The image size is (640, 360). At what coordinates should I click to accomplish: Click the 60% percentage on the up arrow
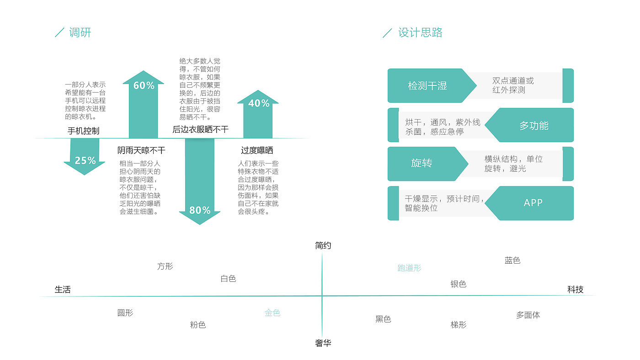(144, 85)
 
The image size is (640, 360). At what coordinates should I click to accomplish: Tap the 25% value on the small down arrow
(85, 160)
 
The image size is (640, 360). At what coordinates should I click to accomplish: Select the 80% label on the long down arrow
(200, 211)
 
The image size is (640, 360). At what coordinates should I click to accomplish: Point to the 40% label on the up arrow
(259, 103)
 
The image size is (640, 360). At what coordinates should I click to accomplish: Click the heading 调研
(80, 32)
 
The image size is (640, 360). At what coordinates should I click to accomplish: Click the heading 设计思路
(420, 32)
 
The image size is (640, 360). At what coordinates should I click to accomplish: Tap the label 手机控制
(83, 131)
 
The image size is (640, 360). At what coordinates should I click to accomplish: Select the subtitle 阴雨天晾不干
(141, 150)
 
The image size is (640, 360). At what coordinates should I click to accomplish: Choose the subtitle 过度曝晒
(257, 150)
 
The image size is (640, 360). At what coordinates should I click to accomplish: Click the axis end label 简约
(323, 245)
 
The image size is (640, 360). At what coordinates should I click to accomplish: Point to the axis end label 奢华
(323, 343)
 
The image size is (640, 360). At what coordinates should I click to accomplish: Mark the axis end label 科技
(575, 290)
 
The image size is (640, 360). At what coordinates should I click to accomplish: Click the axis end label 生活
(63, 290)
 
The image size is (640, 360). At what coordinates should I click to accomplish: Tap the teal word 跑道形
(410, 268)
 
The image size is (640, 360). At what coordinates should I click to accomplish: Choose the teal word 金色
(272, 313)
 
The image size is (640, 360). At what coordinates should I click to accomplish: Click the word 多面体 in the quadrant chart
(528, 315)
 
